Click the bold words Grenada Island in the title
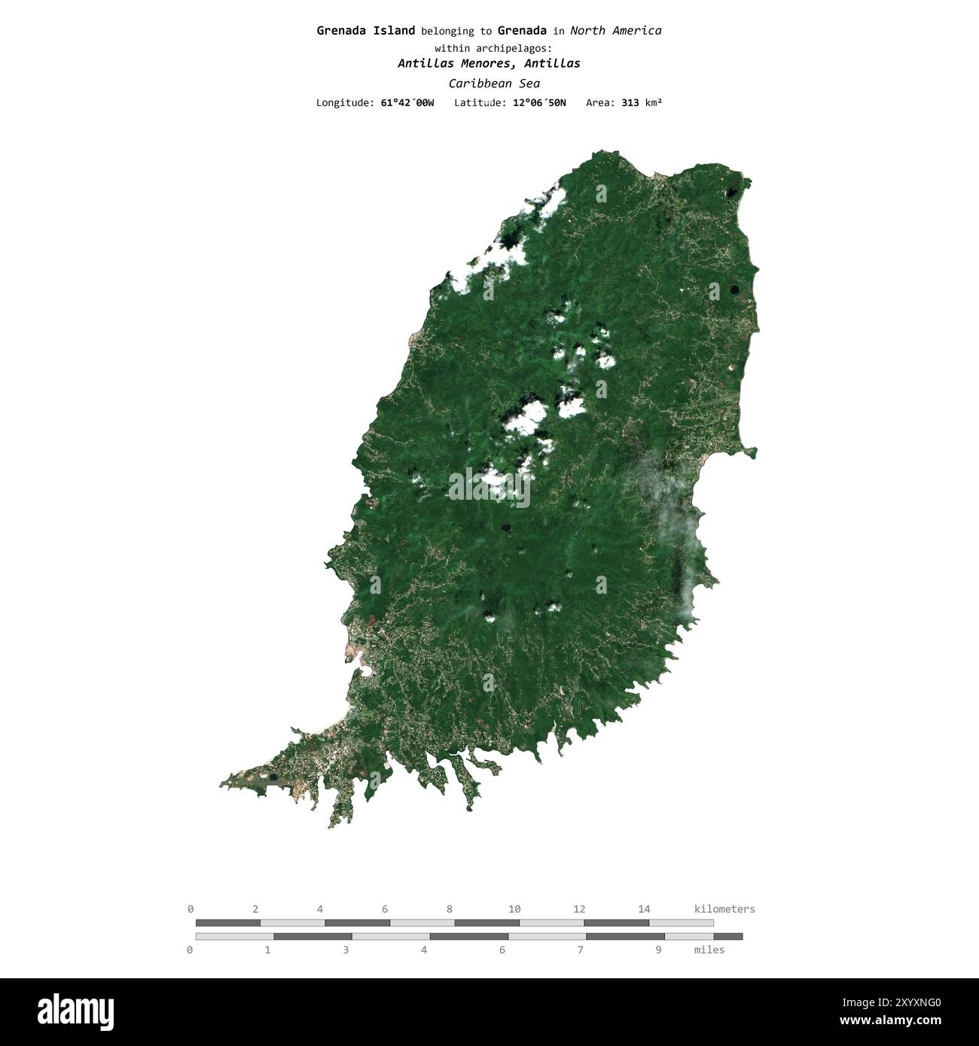(x=365, y=31)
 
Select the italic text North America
(x=615, y=31)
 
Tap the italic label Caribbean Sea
(x=493, y=84)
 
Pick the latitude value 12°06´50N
(x=539, y=102)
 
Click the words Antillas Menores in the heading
(x=447, y=63)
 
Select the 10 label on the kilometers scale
(x=514, y=909)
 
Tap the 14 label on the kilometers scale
(x=644, y=909)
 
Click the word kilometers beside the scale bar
(x=724, y=909)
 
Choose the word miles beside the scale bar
(x=709, y=950)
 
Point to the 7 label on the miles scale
(x=580, y=950)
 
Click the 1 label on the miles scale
(x=267, y=950)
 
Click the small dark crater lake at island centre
(x=506, y=528)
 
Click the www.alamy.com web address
(x=890, y=1021)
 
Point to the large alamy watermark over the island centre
(x=489, y=487)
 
